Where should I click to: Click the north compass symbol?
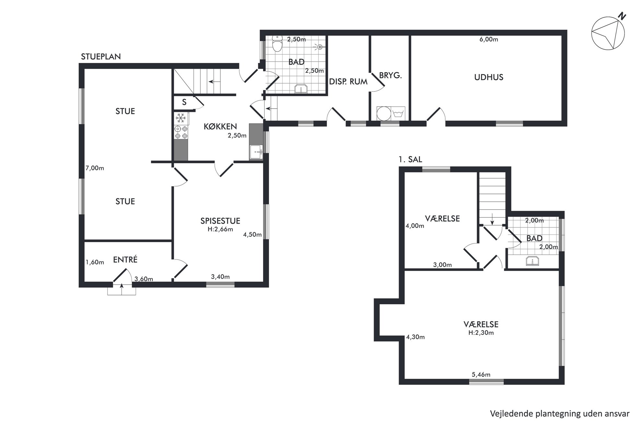(x=608, y=33)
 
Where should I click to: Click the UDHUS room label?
(x=489, y=77)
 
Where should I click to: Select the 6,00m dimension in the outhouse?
(x=489, y=40)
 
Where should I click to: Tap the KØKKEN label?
(x=220, y=126)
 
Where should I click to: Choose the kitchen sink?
(x=256, y=152)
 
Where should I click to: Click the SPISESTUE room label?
(x=220, y=221)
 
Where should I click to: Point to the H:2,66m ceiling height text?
(x=220, y=230)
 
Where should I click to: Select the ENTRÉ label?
(x=125, y=259)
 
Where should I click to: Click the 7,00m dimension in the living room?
(x=95, y=168)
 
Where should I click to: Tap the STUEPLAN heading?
(x=101, y=57)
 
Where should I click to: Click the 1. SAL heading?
(x=410, y=160)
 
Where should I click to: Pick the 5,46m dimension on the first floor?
(x=481, y=375)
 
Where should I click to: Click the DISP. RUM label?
(x=348, y=82)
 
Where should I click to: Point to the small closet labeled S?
(x=184, y=102)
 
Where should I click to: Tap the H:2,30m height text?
(x=481, y=333)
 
